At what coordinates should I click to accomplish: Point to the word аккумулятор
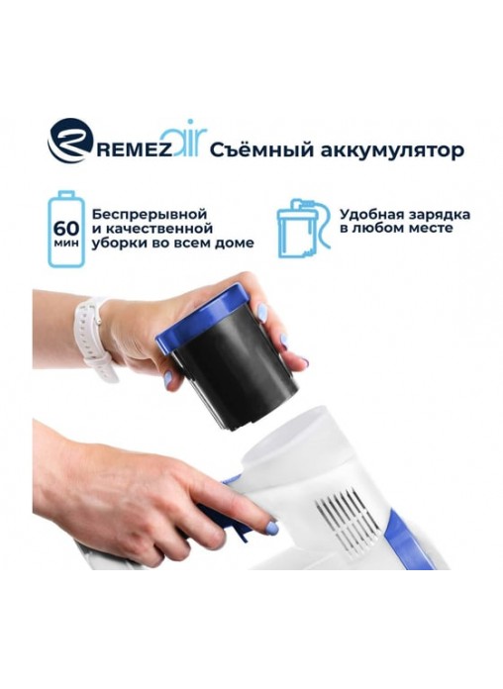coord(392,150)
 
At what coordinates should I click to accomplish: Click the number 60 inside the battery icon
coord(66,228)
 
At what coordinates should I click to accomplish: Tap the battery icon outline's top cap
coord(66,194)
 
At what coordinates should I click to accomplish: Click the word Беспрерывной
coord(150,215)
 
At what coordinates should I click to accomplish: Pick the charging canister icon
coord(303,228)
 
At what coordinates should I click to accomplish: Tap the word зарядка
coord(441,216)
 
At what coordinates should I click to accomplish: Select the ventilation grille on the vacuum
coord(347,522)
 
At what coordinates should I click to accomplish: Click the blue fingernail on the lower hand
coord(271,527)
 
